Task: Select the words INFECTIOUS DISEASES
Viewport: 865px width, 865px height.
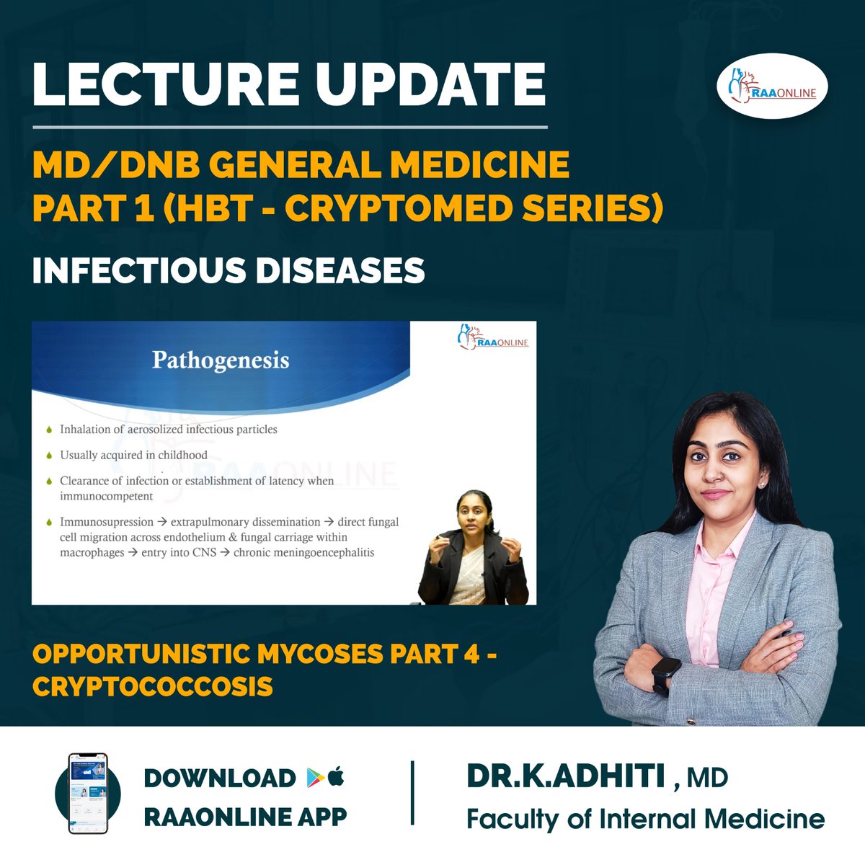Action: pyautogui.click(x=229, y=270)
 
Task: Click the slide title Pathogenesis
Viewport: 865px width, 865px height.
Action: pyautogui.click(x=221, y=360)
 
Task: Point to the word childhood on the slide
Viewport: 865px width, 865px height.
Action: pyautogui.click(x=182, y=455)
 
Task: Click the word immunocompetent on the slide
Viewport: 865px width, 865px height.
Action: pyautogui.click(x=106, y=496)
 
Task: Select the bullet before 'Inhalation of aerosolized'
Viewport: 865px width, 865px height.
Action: pyautogui.click(x=48, y=430)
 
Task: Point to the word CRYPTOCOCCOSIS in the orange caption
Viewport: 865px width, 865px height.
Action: pyautogui.click(x=153, y=686)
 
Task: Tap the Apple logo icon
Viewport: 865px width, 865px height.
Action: pyautogui.click(x=336, y=777)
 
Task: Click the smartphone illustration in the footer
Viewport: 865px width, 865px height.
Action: pyautogui.click(x=87, y=793)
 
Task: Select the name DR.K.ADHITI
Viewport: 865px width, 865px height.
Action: pyautogui.click(x=566, y=776)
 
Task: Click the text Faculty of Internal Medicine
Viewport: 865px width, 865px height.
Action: pyautogui.click(x=645, y=820)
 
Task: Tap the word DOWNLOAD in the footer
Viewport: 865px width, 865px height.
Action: pyautogui.click(x=220, y=778)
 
